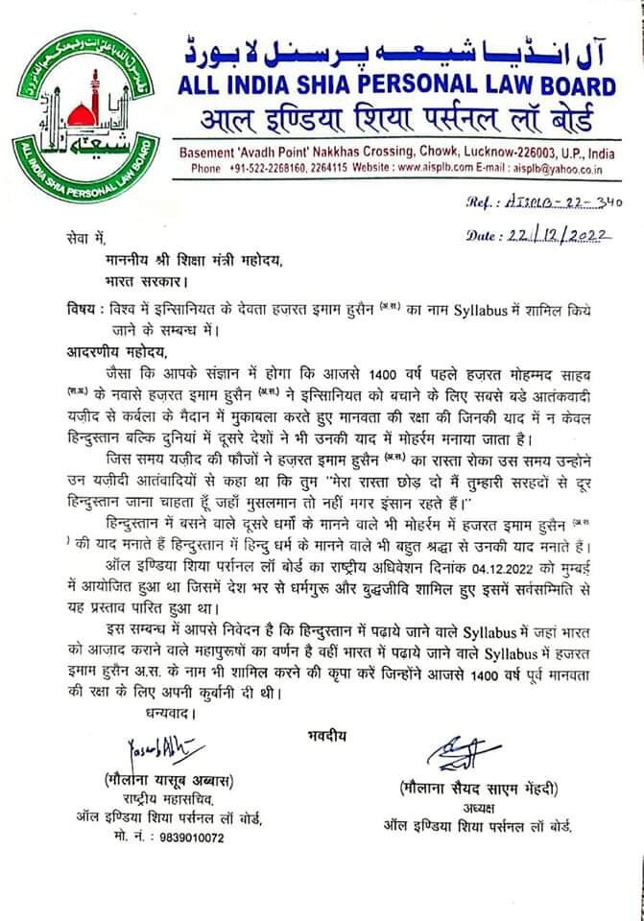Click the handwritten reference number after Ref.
click(570, 203)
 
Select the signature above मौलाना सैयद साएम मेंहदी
click(472, 753)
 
